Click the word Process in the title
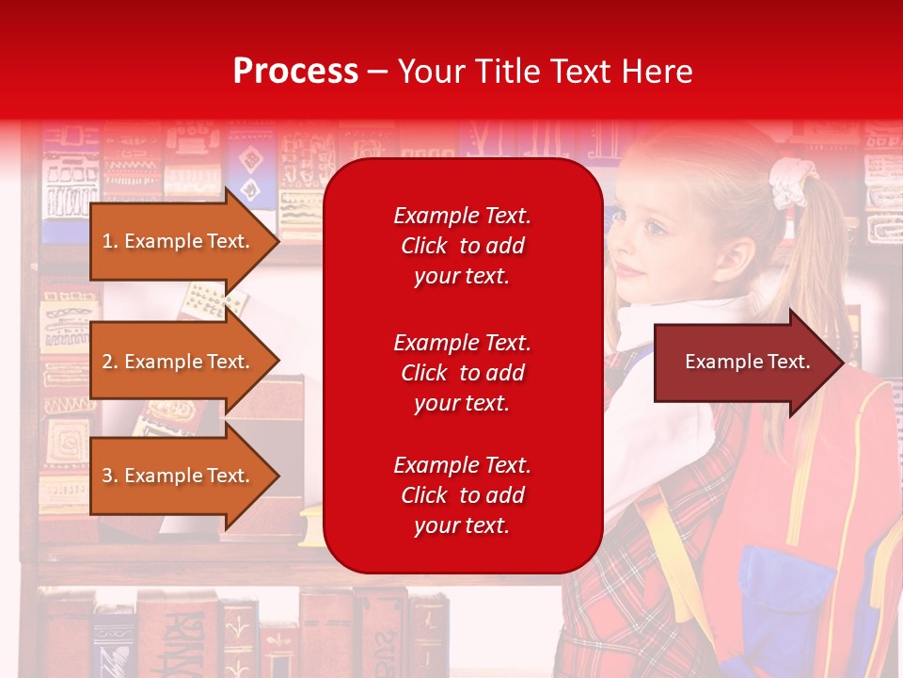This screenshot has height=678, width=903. pos(295,72)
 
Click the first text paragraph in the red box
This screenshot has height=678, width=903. pos(462,246)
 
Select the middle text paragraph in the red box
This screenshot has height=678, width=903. pos(462,373)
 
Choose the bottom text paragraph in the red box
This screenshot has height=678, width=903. pos(462,495)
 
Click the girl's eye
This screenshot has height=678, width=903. pos(654,227)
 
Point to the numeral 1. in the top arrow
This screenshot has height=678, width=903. pos(110,241)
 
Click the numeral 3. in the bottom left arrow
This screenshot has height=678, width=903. pos(110,476)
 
